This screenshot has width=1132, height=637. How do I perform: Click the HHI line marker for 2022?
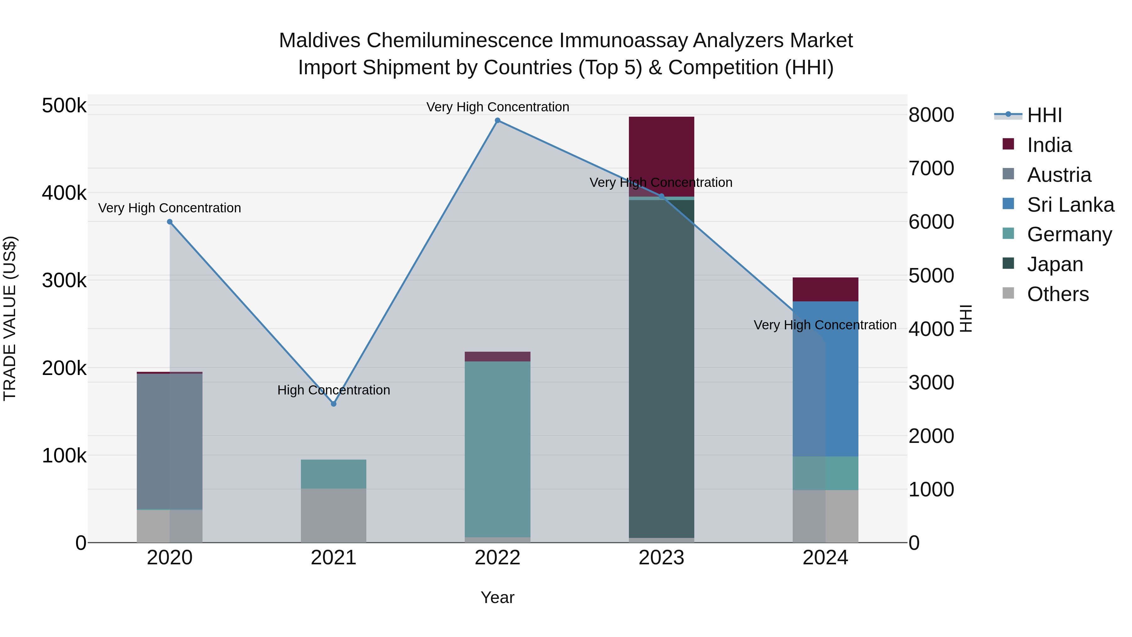click(x=497, y=120)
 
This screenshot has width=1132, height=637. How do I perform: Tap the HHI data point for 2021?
click(x=334, y=404)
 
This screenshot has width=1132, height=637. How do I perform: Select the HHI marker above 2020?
click(x=169, y=222)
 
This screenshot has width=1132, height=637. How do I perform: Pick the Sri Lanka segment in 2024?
click(x=825, y=378)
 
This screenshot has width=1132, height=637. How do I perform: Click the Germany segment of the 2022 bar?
click(x=497, y=448)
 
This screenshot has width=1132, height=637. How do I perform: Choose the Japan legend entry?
click(x=1054, y=264)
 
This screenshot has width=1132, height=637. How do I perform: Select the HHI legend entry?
click(x=1044, y=115)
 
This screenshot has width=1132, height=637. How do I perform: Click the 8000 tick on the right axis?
click(x=931, y=115)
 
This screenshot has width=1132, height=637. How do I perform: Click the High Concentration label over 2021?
click(x=334, y=390)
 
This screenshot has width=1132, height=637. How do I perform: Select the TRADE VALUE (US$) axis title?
click(x=10, y=318)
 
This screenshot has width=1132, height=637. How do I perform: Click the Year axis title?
click(x=497, y=597)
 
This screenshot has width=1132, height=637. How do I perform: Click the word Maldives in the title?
click(x=319, y=41)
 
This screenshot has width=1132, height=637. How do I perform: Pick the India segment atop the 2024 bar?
click(x=825, y=289)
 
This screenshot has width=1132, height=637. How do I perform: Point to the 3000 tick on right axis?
click(x=931, y=383)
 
